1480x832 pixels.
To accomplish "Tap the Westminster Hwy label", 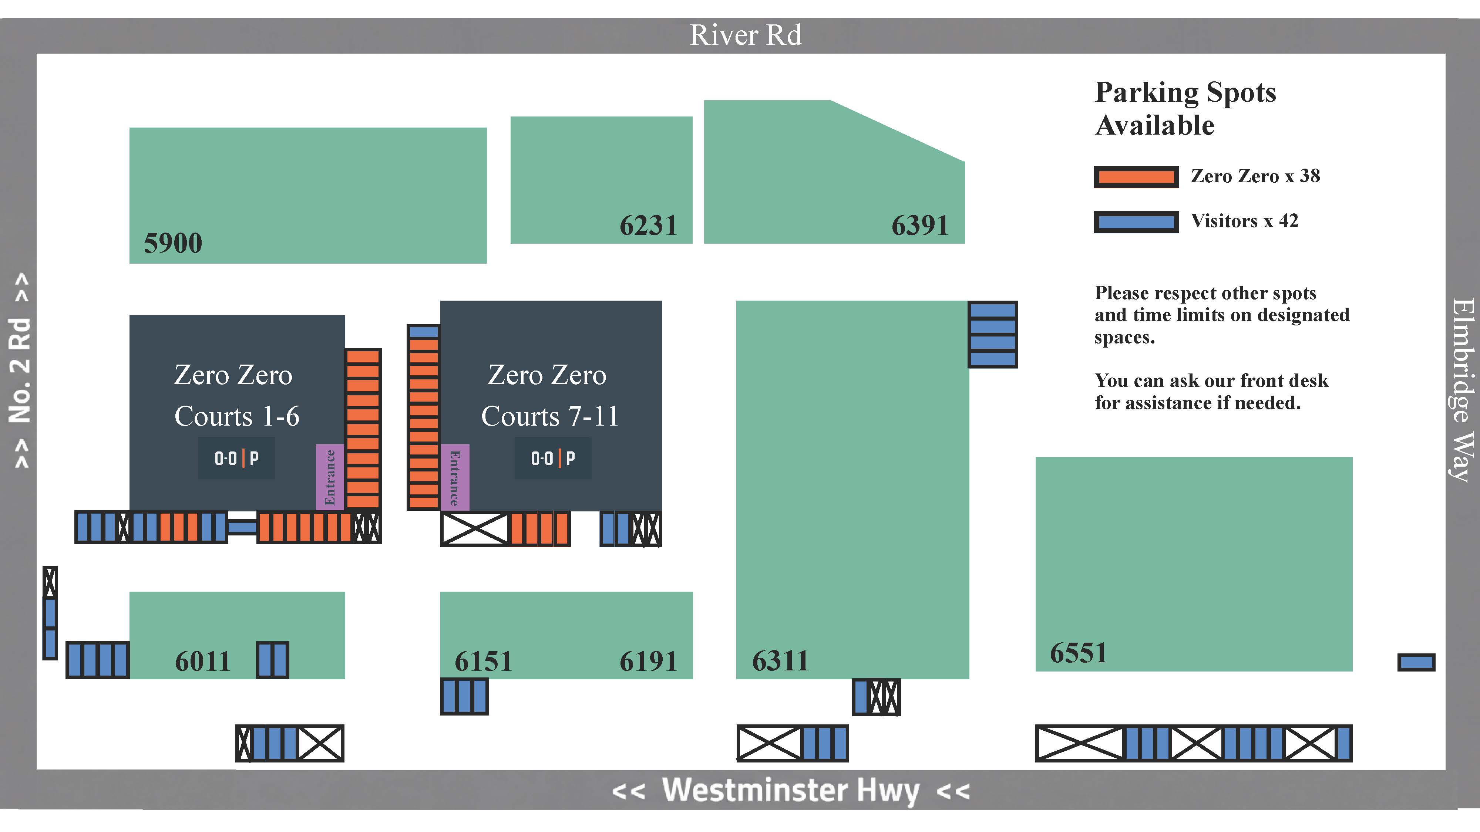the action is click(791, 790).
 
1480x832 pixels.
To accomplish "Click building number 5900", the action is click(173, 243).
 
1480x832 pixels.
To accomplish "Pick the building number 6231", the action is click(648, 225).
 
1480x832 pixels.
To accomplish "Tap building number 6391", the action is click(920, 225).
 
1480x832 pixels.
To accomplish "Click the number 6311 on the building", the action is click(780, 661).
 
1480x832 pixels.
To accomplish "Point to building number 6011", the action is click(202, 661).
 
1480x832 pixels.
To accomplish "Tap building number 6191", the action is click(648, 661).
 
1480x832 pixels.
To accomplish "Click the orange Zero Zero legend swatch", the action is click(1136, 177).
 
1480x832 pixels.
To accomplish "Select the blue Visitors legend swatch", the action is click(1136, 221).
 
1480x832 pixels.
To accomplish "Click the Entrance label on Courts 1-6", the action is click(330, 477).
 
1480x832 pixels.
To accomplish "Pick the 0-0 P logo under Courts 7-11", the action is click(553, 458).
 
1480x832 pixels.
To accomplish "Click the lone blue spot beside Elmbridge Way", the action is click(1416, 662).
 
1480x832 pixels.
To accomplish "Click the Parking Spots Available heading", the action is click(1185, 108).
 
